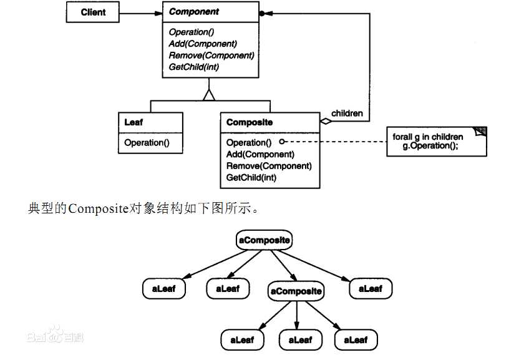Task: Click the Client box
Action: pos(93,12)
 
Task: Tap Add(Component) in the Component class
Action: pos(202,44)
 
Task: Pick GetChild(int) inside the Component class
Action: pos(193,67)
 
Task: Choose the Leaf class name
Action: pos(133,122)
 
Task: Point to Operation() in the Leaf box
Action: pos(147,143)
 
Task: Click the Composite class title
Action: pos(250,122)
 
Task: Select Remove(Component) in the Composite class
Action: pos(269,166)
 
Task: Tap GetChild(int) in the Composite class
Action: pos(251,178)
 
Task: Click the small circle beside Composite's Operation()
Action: pos(282,143)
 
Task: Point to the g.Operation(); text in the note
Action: pos(430,145)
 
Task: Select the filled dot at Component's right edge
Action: pos(263,12)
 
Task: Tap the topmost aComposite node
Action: pos(264,240)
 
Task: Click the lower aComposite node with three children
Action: pos(296,291)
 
